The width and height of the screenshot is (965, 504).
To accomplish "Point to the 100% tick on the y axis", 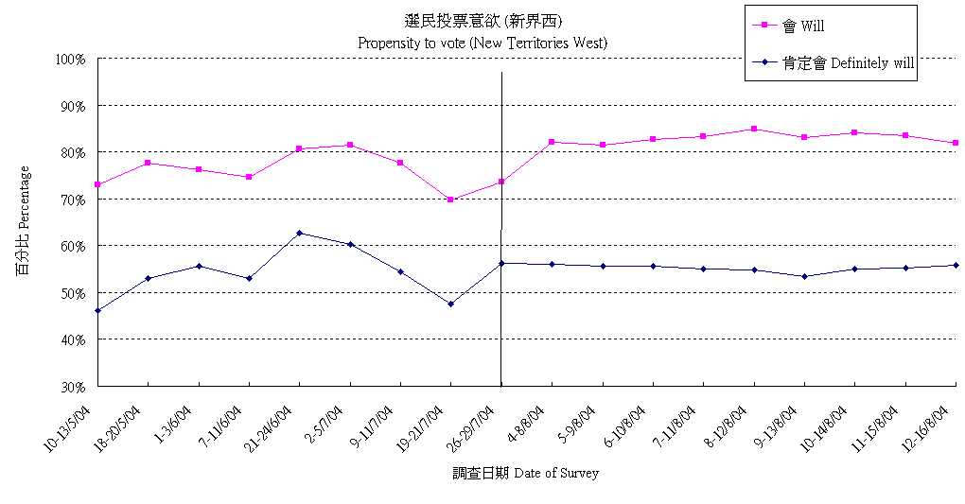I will click(x=72, y=59).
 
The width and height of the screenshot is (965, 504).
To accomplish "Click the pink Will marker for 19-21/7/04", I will click(x=450, y=200).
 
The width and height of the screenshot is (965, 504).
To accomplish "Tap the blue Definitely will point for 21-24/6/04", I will click(x=300, y=233).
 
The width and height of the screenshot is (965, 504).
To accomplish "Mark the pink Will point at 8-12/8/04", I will click(x=754, y=129).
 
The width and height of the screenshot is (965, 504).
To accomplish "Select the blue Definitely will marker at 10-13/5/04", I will click(x=97, y=310).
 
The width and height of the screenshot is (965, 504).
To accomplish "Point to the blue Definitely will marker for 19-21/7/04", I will click(x=450, y=304).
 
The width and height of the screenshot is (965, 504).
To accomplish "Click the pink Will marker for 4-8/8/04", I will click(x=552, y=142).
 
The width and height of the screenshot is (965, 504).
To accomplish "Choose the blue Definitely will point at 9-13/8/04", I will click(x=804, y=276).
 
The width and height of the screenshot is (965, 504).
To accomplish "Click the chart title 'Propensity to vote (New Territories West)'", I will click(x=482, y=43).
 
